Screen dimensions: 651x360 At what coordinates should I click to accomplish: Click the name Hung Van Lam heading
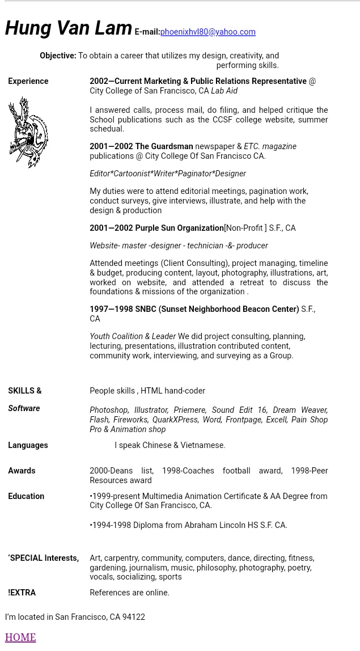point(69,28)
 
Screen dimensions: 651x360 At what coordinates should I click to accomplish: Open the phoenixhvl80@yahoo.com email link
point(207,32)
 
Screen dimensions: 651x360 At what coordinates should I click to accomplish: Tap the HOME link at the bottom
point(20,637)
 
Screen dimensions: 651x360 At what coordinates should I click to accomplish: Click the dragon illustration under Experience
point(28,132)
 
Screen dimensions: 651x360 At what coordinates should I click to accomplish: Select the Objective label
point(58,56)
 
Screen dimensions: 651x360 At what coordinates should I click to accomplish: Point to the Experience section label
point(28,81)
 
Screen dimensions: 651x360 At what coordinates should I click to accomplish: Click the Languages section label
point(28,445)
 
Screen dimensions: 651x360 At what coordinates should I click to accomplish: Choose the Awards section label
point(22,471)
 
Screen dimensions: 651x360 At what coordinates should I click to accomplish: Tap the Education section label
point(26,496)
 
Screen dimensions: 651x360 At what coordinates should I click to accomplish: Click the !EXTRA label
point(22,593)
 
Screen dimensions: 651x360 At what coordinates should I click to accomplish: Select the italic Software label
point(24,408)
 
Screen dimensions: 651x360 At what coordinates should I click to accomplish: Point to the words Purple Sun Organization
point(179,228)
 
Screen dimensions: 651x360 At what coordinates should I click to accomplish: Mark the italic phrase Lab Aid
point(224,91)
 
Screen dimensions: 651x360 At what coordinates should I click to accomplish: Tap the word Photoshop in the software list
point(109,410)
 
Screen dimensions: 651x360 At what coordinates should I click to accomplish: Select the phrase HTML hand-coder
point(173,391)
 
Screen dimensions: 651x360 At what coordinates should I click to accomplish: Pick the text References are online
point(129,593)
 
